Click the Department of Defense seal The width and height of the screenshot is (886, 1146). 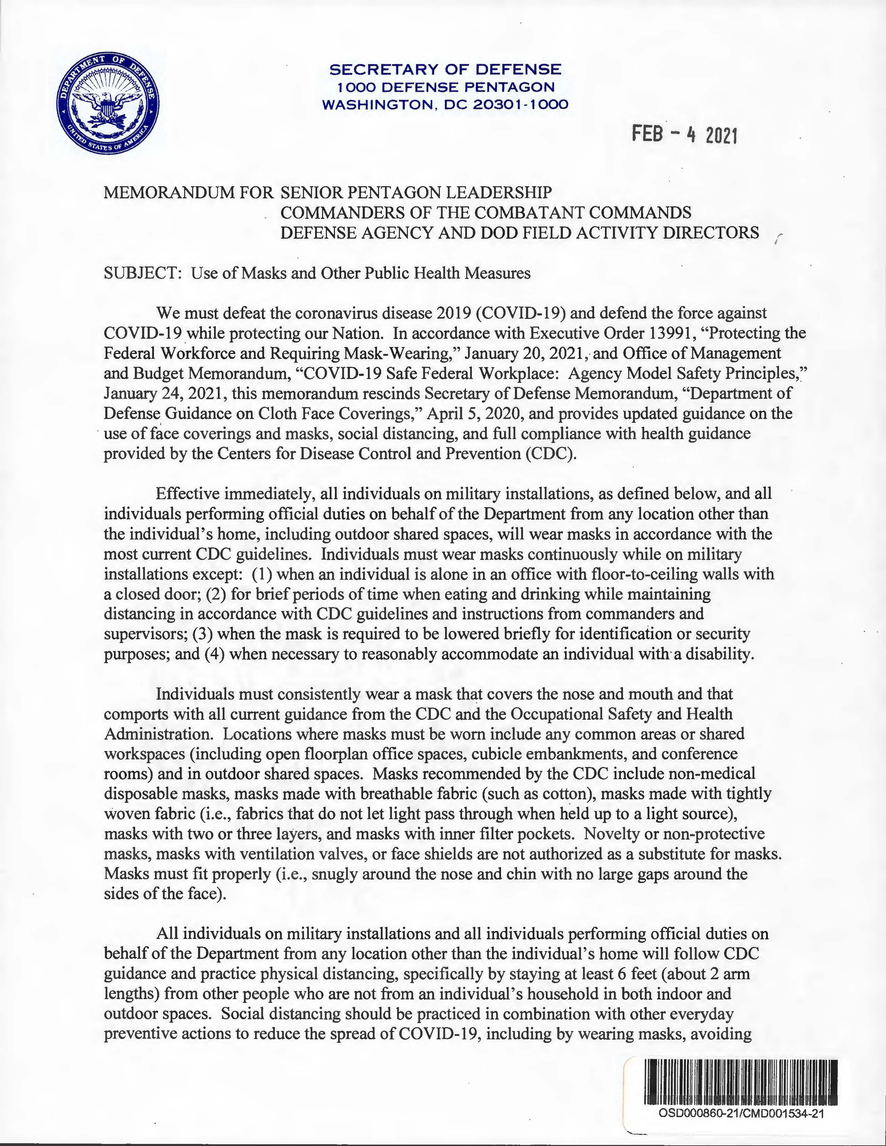pos(108,107)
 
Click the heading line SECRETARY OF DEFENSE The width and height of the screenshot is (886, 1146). pos(445,69)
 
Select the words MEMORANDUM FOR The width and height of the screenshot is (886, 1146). pos(189,192)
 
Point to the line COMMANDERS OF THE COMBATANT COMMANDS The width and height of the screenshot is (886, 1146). pos(485,213)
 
